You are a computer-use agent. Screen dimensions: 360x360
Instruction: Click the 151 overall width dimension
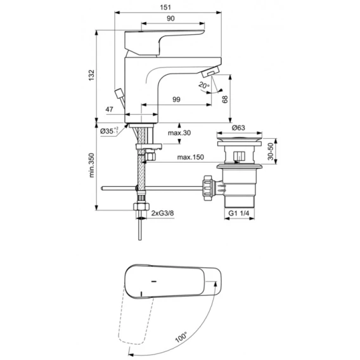[165, 8]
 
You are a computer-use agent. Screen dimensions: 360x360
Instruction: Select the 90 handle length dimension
[170, 18]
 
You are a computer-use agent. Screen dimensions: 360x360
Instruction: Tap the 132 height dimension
[91, 75]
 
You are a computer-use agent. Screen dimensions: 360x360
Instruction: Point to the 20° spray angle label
[203, 86]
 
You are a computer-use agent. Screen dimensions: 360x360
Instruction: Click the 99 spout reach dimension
[176, 100]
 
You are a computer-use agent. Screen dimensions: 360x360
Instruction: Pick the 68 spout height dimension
[225, 99]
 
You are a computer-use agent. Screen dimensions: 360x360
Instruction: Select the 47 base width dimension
[109, 109]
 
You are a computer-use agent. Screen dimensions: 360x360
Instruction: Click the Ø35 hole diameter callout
[109, 131]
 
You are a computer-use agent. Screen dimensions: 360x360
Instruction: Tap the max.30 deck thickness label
[179, 132]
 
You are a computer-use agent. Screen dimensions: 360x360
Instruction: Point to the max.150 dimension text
[191, 157]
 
